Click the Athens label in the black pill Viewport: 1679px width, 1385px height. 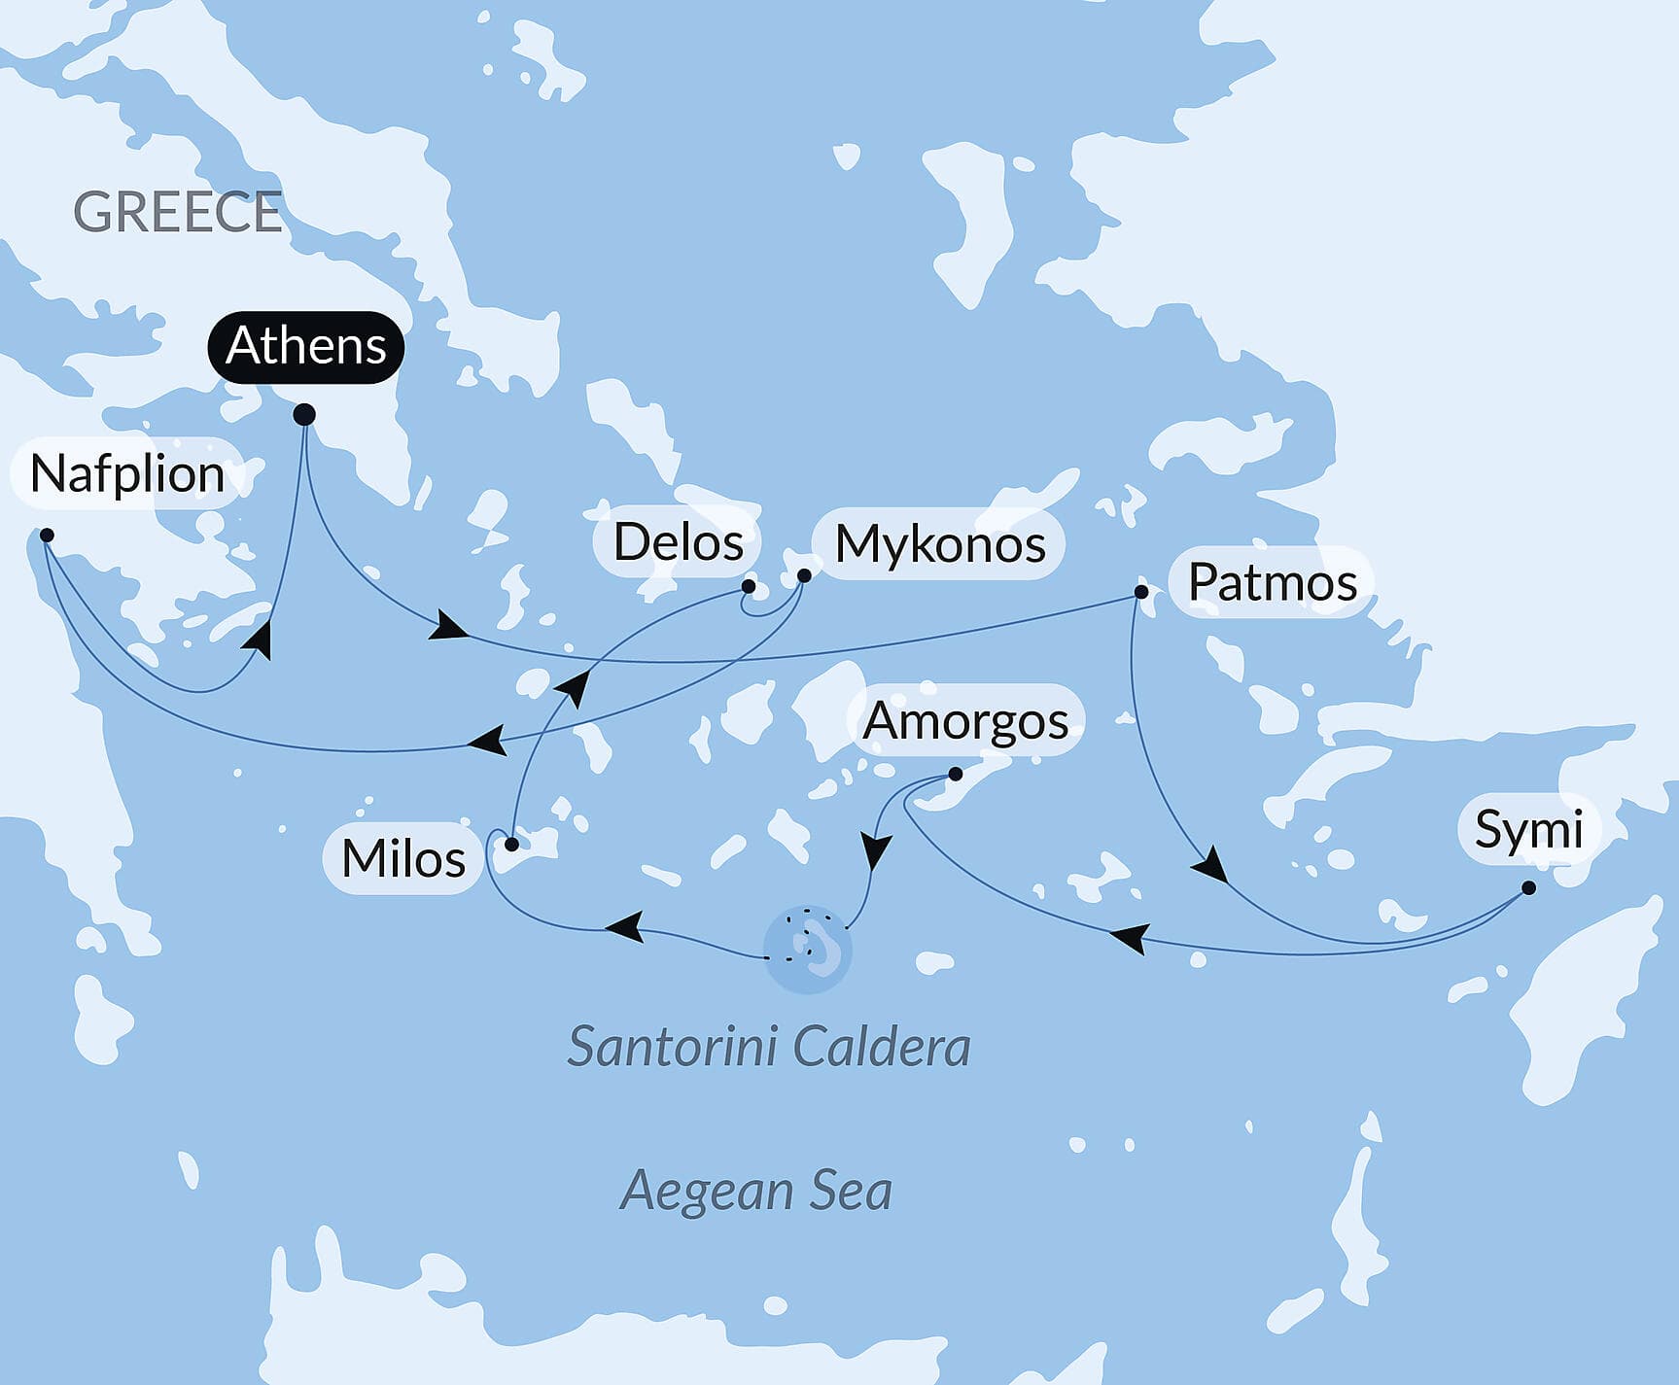click(305, 346)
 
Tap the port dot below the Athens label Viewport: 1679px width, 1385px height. click(304, 415)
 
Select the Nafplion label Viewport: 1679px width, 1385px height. click(127, 474)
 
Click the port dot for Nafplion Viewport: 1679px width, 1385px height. click(47, 536)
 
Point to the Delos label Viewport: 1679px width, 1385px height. click(678, 542)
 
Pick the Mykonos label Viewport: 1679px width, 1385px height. click(939, 544)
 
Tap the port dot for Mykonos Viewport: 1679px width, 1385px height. click(804, 575)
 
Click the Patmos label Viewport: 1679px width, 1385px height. click(1272, 583)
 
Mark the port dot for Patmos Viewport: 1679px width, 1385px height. click(1141, 592)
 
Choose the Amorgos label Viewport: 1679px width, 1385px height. click(965, 721)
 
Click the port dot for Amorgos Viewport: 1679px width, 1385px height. click(955, 775)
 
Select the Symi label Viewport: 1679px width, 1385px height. click(1528, 830)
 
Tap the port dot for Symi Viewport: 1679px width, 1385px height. click(1528, 887)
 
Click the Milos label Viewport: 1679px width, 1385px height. click(403, 859)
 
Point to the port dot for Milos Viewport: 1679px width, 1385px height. click(511, 845)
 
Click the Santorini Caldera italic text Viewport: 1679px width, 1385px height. click(768, 1048)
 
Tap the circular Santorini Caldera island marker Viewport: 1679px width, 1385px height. click(807, 949)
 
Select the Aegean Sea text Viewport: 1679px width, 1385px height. click(755, 1191)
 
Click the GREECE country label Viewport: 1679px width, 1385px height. click(177, 212)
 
